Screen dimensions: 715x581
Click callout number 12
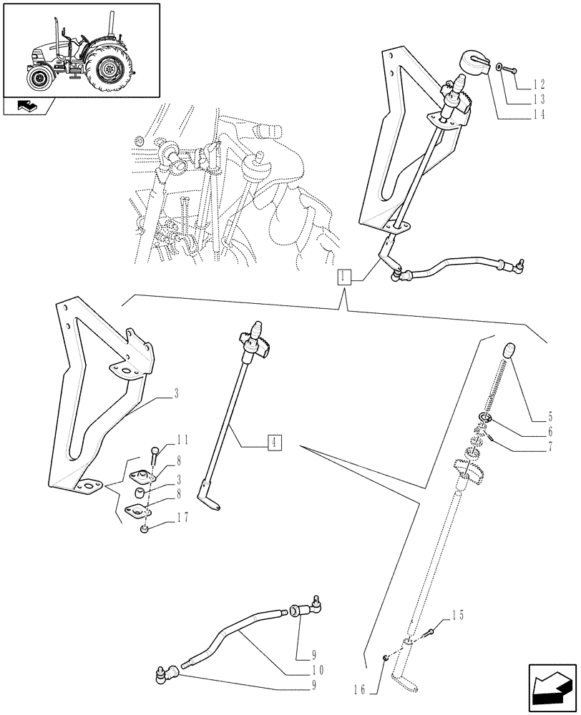coord(538,84)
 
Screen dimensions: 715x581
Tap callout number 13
coord(538,100)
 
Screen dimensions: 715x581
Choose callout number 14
coord(538,115)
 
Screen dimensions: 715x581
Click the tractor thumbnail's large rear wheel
coord(109,69)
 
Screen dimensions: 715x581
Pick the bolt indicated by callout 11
coord(155,455)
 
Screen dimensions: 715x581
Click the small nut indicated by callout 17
coord(145,529)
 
